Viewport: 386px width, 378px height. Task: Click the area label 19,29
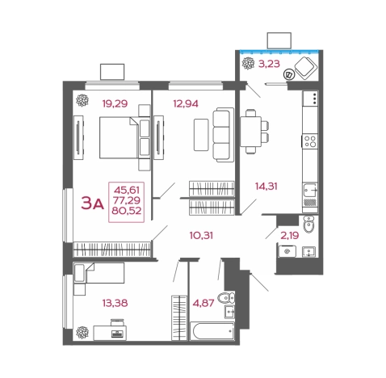[115, 103]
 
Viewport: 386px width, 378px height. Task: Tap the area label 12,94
[186, 103]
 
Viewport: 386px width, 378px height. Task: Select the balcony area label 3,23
[269, 64]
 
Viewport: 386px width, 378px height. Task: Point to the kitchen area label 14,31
[266, 186]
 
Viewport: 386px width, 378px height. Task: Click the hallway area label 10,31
[201, 236]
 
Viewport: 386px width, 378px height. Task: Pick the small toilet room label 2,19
[290, 236]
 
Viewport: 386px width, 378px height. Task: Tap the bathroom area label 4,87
[203, 303]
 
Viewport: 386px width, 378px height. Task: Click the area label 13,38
[115, 303]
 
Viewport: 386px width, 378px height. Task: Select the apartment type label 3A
[92, 204]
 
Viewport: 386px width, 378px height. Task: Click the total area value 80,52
[127, 211]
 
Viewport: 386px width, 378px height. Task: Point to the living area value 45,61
[127, 191]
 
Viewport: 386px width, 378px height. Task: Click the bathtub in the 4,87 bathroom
[212, 331]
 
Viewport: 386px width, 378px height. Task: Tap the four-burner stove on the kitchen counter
[310, 141]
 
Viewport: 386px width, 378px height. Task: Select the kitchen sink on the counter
[310, 190]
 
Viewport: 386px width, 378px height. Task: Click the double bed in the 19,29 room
[119, 137]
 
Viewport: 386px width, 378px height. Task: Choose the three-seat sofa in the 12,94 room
[223, 135]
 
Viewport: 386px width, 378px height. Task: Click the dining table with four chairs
[254, 132]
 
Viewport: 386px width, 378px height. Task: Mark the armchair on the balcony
[306, 68]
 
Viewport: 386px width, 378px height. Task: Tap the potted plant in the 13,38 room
[82, 333]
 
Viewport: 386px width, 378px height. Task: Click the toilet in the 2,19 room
[308, 224]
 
